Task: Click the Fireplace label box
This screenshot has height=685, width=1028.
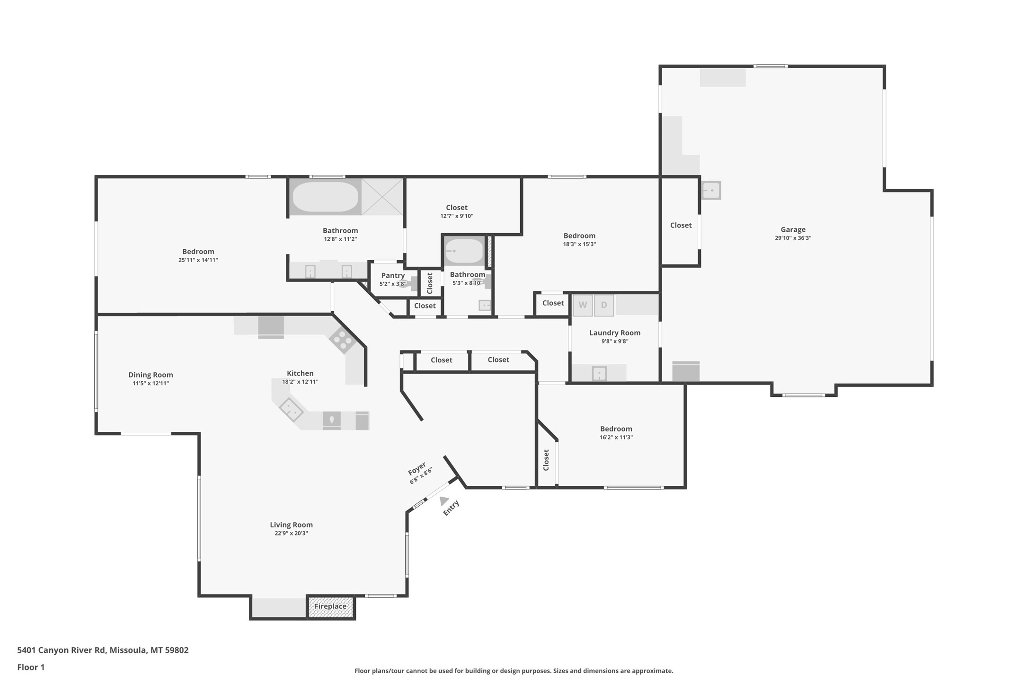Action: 330,606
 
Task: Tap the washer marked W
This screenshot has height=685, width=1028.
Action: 583,305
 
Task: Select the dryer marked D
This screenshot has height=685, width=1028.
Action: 604,305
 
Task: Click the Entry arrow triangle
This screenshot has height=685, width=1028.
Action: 443,501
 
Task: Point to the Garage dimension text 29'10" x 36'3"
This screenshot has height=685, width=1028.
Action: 793,238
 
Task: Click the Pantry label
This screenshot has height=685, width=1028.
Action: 393,275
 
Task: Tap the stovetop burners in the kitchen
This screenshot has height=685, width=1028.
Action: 342,340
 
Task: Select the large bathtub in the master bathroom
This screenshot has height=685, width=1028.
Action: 326,197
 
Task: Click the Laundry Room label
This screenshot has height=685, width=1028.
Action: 615,333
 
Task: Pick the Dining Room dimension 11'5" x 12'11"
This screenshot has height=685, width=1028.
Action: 151,383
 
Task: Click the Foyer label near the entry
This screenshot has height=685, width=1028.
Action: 417,469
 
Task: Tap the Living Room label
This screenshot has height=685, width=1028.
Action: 291,525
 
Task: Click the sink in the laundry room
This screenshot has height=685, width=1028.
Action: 599,373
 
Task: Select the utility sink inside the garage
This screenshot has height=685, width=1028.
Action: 711,191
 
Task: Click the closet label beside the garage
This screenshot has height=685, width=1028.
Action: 681,225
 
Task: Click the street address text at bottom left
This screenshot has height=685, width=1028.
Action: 103,650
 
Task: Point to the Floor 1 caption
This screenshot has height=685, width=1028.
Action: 31,667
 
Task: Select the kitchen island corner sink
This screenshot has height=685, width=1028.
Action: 291,409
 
